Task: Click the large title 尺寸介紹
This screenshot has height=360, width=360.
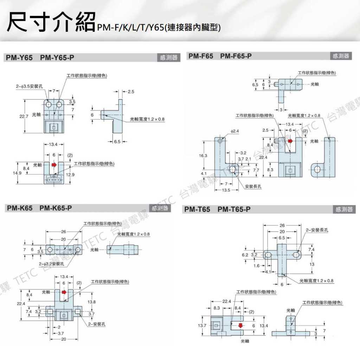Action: pyautogui.click(x=51, y=22)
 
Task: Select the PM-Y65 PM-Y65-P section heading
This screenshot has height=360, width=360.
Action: pyautogui.click(x=40, y=58)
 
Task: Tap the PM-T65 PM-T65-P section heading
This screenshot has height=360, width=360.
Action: pyautogui.click(x=217, y=210)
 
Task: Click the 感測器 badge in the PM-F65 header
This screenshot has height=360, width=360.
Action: pyautogui.click(x=341, y=56)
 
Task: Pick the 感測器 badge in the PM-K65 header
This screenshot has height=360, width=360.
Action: pyautogui.click(x=160, y=208)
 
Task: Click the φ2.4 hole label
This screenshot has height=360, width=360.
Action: pyautogui.click(x=235, y=131)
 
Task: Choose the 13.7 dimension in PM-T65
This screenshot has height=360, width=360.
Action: pyautogui.click(x=202, y=326)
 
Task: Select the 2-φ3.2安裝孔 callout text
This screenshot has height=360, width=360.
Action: pyautogui.click(x=52, y=263)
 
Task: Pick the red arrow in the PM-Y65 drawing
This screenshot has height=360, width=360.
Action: pyautogui.click(x=54, y=164)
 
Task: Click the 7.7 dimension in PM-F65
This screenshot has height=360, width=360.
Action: pyautogui.click(x=256, y=170)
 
